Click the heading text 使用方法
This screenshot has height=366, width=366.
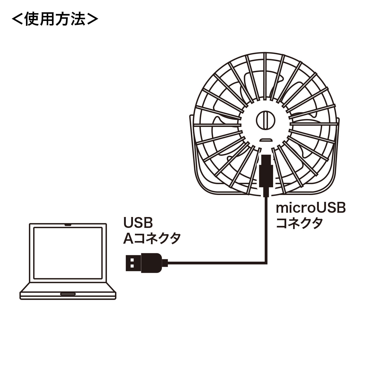click(55, 19)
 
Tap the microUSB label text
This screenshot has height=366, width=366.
click(311, 208)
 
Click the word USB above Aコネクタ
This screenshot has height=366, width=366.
click(138, 222)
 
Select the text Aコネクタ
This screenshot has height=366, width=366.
click(152, 239)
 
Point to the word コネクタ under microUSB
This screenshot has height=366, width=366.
click(299, 223)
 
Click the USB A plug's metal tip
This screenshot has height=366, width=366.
click(134, 263)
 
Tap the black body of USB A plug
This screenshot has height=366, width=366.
click(151, 263)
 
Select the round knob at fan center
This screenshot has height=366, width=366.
click(266, 120)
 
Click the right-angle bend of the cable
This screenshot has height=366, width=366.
click(266, 263)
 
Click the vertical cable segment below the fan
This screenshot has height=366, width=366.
click(266, 230)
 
